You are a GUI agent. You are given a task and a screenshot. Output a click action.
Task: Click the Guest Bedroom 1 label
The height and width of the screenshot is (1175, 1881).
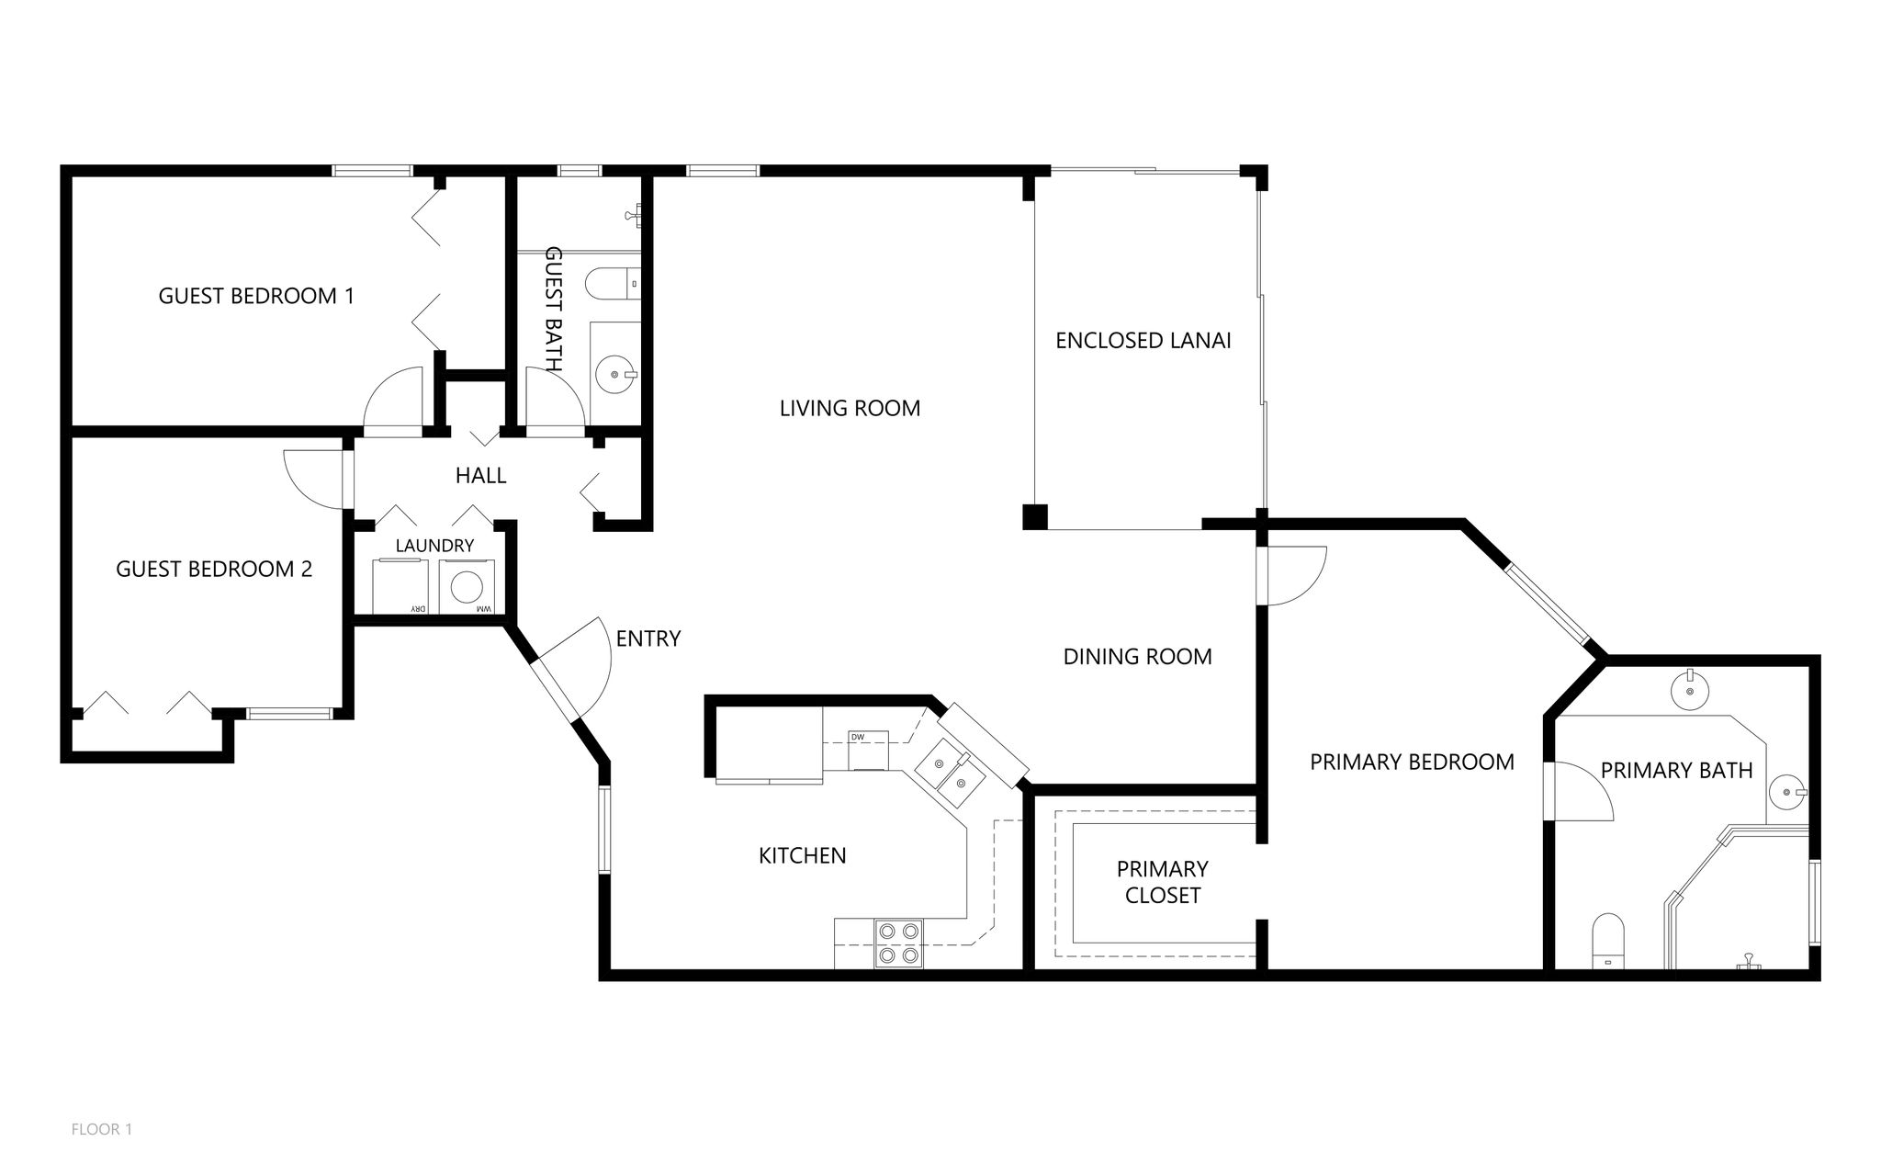pyautogui.click(x=256, y=296)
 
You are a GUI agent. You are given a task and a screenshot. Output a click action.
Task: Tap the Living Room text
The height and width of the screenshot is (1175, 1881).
pyautogui.click(x=850, y=408)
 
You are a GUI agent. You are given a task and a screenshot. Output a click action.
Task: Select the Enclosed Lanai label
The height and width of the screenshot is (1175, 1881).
pyautogui.click(x=1143, y=340)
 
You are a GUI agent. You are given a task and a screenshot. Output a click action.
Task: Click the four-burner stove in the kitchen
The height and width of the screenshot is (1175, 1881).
pyautogui.click(x=898, y=943)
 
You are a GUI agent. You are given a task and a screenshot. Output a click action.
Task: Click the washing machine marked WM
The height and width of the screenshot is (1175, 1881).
pyautogui.click(x=468, y=588)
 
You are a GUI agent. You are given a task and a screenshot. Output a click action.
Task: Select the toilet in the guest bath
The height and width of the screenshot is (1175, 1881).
pyautogui.click(x=614, y=284)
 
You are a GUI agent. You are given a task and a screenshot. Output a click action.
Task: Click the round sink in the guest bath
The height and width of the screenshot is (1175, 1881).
pyautogui.click(x=615, y=374)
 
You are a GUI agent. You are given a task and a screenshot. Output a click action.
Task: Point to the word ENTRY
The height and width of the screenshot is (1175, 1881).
pyautogui.click(x=648, y=638)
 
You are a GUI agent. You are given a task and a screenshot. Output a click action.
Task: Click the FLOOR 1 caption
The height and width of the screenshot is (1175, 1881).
pyautogui.click(x=102, y=1129)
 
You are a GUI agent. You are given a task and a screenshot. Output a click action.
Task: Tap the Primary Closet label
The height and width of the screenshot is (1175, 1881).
pyautogui.click(x=1162, y=882)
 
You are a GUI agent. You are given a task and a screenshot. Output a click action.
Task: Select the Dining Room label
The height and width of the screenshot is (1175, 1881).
pyautogui.click(x=1137, y=657)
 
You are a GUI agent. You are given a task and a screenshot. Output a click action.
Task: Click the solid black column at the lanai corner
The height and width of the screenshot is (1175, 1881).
pyautogui.click(x=1035, y=516)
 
